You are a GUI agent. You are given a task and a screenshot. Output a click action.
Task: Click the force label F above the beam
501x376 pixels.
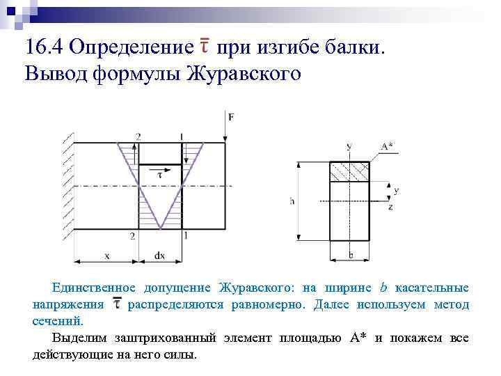pyautogui.click(x=231, y=117)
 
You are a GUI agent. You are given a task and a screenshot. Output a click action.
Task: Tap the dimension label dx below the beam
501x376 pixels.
pyautogui.click(x=159, y=256)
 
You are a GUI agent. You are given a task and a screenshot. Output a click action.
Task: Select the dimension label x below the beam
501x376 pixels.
pyautogui.click(x=107, y=256)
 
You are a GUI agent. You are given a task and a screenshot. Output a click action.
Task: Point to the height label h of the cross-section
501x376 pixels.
pyautogui.click(x=292, y=201)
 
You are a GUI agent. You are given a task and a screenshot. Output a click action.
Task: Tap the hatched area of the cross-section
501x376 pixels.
pyautogui.click(x=349, y=171)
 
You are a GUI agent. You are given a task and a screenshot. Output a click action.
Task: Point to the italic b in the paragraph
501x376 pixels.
pyautogui.click(x=383, y=287)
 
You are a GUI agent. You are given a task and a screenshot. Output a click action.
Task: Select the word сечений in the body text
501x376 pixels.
pyautogui.click(x=58, y=322)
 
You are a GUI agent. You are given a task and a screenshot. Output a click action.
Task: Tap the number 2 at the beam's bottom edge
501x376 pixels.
pyautogui.click(x=132, y=236)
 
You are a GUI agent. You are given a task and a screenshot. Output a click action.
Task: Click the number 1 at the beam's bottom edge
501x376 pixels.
pyautogui.click(x=185, y=235)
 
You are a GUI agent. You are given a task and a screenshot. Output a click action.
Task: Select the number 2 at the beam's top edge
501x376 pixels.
pyautogui.click(x=138, y=137)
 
